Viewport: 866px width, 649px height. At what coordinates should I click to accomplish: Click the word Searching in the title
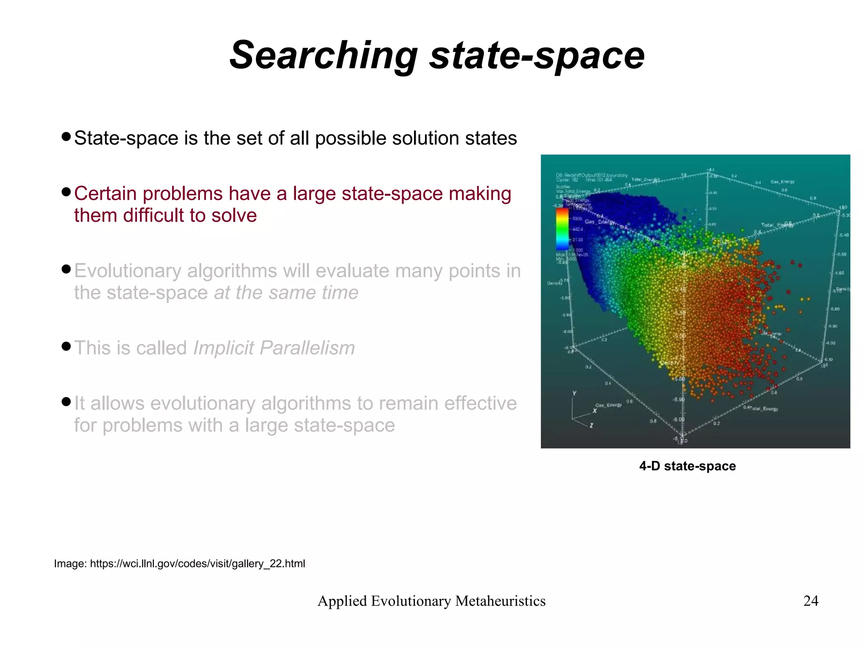tap(323, 56)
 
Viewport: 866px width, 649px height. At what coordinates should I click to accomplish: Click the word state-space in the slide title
tap(537, 56)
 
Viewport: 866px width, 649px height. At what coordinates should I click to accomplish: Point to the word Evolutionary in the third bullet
tap(127, 271)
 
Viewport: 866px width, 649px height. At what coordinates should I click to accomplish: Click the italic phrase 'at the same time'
tap(286, 293)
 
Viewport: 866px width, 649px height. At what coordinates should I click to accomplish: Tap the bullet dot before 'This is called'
tap(66, 347)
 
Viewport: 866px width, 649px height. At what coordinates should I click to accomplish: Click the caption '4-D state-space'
tap(687, 466)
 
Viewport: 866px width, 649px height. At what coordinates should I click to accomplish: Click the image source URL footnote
tap(179, 564)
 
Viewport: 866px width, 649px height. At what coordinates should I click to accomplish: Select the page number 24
tap(811, 601)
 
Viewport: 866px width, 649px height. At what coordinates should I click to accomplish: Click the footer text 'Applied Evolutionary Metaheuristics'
tap(431, 601)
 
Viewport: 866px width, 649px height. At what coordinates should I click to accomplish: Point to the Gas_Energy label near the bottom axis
tap(608, 405)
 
